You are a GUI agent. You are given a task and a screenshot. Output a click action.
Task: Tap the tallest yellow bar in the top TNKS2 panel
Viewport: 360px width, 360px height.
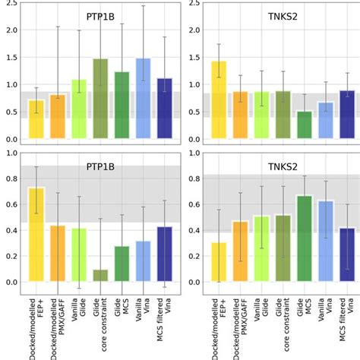point(218,100)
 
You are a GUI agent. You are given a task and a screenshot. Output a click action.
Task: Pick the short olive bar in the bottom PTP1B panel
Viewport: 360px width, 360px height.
point(100,276)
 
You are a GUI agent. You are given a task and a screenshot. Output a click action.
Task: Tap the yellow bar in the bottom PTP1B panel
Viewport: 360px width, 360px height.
point(36,235)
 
